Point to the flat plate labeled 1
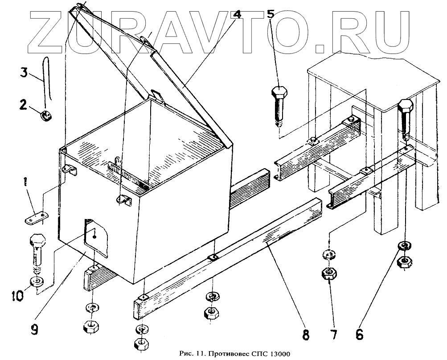36,219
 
